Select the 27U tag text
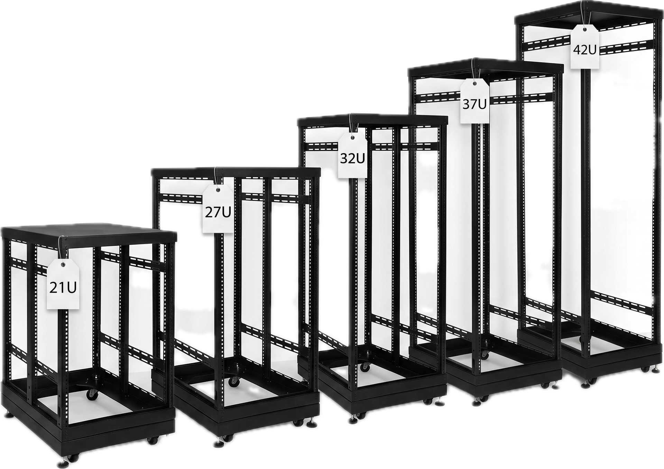[218, 212]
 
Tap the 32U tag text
[352, 158]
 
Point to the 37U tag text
[474, 104]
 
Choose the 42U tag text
[584, 50]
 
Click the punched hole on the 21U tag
[63, 265]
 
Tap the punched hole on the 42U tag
[584, 30]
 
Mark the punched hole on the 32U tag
[352, 138]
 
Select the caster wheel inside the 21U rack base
[92, 394]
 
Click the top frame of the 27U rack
[236, 172]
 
